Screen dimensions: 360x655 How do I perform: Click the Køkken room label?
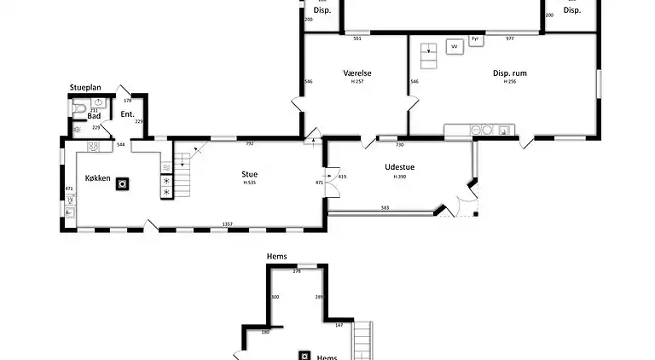tap(98, 177)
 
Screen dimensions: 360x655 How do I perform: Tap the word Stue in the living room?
tap(249, 173)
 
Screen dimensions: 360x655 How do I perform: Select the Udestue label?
tap(399, 166)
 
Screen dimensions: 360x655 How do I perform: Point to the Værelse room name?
tap(357, 73)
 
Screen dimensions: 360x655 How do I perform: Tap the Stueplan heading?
tap(86, 87)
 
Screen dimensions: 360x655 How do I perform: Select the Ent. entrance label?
tap(128, 114)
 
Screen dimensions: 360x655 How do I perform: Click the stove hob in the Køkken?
tap(94, 146)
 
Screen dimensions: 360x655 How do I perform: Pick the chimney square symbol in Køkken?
tap(123, 183)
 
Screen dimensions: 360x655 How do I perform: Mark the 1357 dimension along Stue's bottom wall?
tap(229, 224)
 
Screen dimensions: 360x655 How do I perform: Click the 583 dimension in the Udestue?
tap(385, 207)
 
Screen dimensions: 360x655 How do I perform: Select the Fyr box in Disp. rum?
tap(475, 39)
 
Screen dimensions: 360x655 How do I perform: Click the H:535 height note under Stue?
tap(250, 183)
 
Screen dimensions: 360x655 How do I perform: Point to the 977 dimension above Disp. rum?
tap(510, 38)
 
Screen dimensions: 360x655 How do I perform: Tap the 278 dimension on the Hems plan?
tap(297, 271)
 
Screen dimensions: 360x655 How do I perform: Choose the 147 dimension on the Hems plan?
tap(339, 325)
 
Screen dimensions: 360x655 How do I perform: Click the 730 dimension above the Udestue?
tap(399, 145)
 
